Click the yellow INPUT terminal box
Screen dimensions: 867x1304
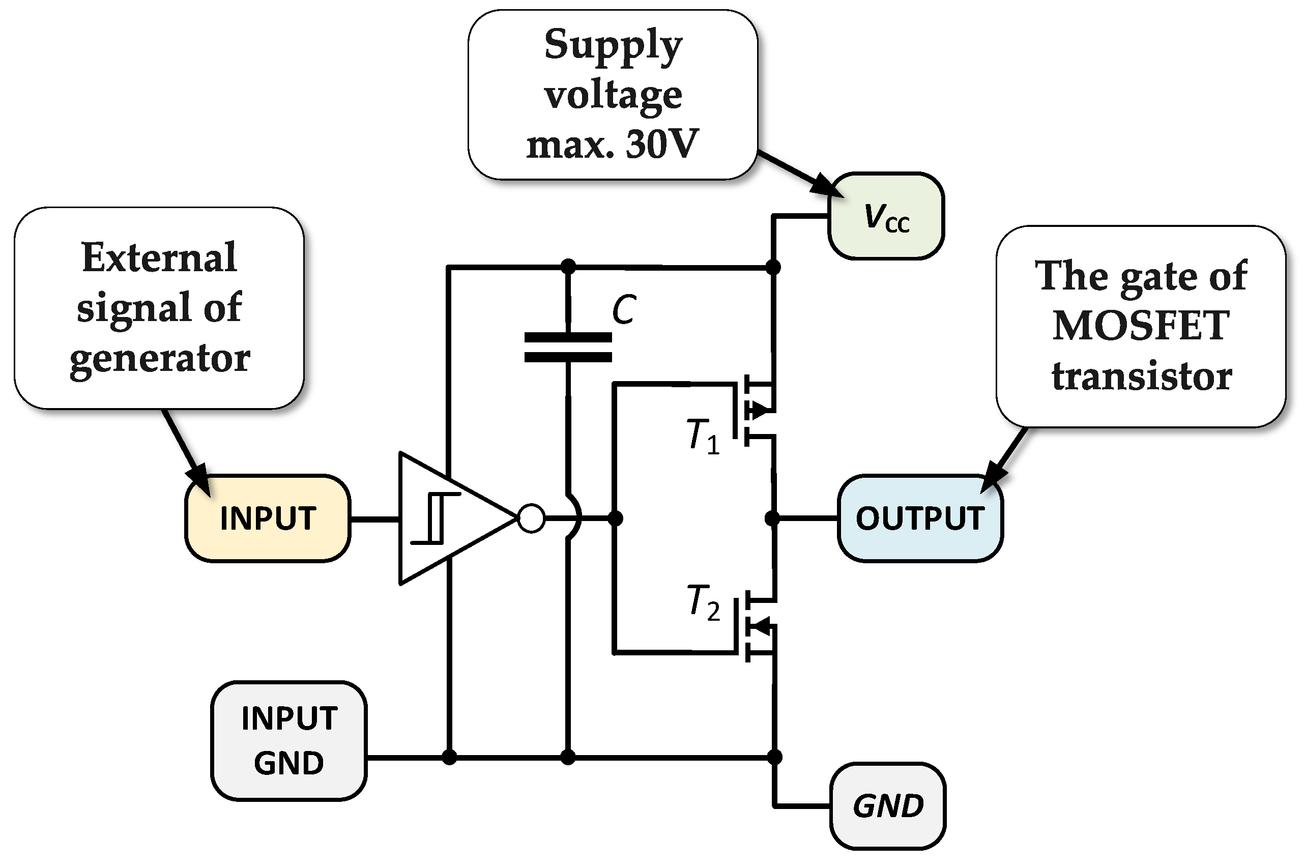268,518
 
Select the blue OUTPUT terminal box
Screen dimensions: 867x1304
920,518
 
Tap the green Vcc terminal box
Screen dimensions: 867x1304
886,216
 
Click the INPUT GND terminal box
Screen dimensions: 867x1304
288,740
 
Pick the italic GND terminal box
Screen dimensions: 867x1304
888,805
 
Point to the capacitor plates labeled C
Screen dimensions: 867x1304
568,347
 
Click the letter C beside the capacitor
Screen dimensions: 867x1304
624,310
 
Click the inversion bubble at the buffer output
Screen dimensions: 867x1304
531,518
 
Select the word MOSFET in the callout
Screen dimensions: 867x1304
1141,325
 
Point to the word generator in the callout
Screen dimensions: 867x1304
160,358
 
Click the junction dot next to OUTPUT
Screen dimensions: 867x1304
772,518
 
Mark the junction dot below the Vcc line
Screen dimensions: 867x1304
773,268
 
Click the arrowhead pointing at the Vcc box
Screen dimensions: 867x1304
827,186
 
